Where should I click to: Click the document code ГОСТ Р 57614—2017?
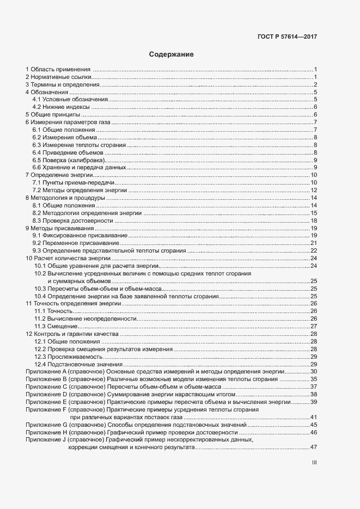pyautogui.click(x=286, y=37)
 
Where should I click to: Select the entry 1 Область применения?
pyautogui.click(x=58, y=70)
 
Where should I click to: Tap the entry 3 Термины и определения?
pyautogui.click(x=62, y=85)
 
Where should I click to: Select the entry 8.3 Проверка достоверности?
pyautogui.click(x=72, y=221)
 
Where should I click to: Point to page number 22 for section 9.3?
pyautogui.click(x=314, y=250)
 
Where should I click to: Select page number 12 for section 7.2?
pyautogui.click(x=314, y=190)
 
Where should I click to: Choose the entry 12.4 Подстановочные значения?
pyautogui.click(x=78, y=364)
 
